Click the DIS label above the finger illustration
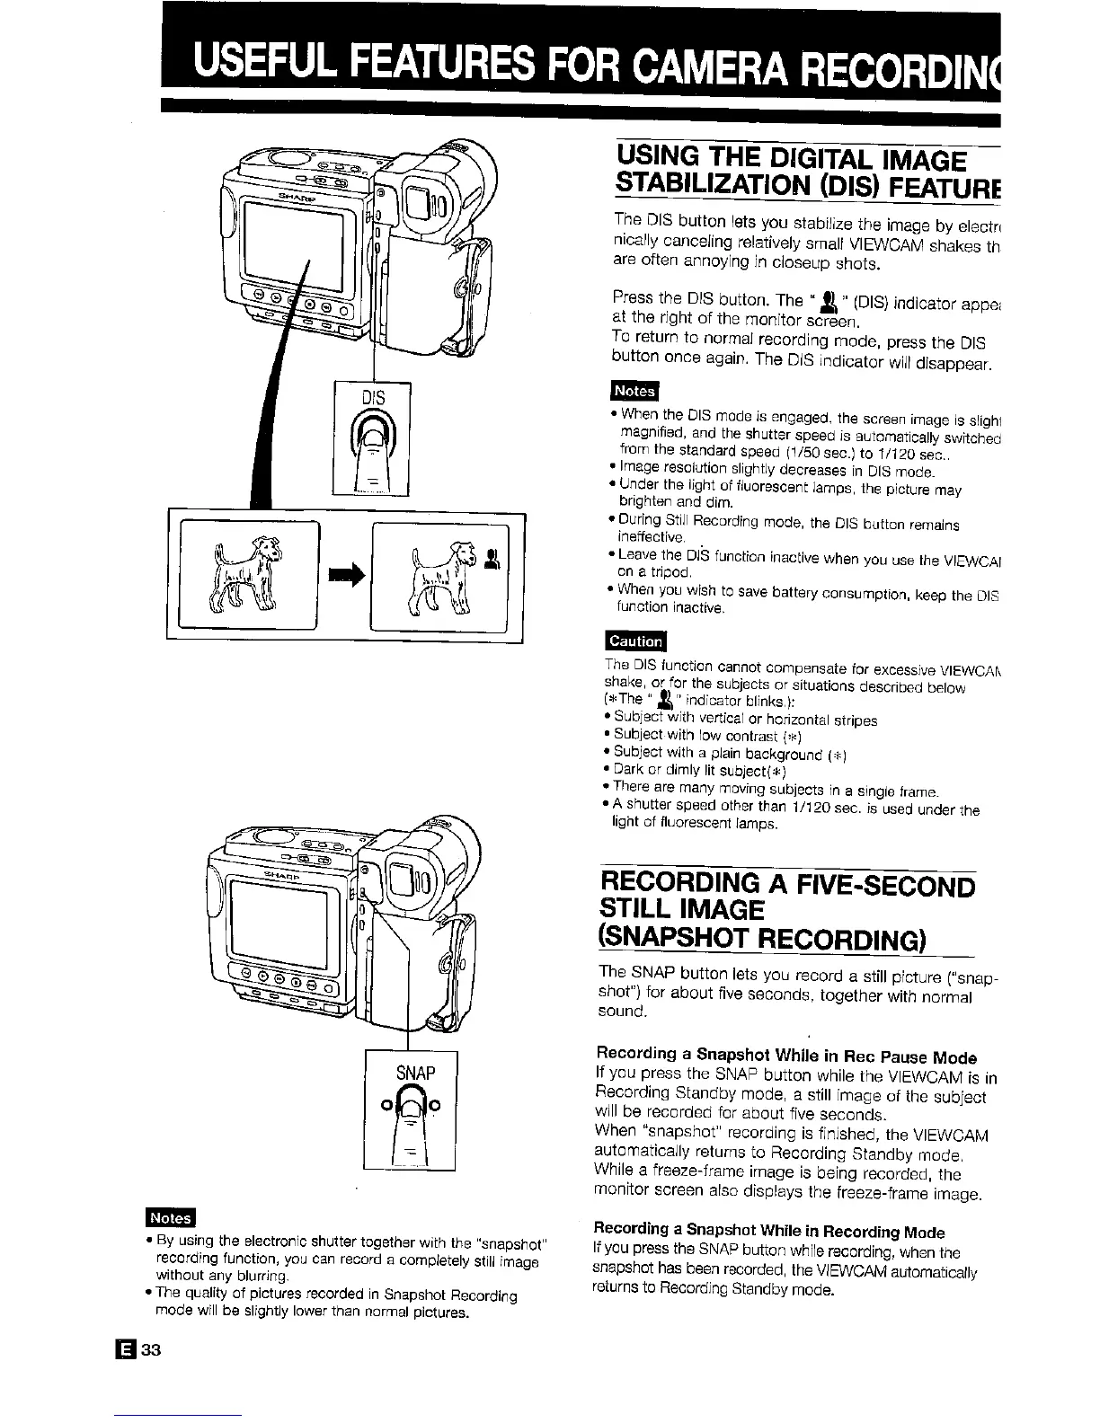[x=373, y=398]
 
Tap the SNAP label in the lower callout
[x=415, y=1073]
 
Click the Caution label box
[x=636, y=641]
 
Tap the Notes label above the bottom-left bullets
[x=171, y=1217]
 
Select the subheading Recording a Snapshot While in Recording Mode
[x=769, y=1230]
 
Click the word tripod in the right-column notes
[x=656, y=571]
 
